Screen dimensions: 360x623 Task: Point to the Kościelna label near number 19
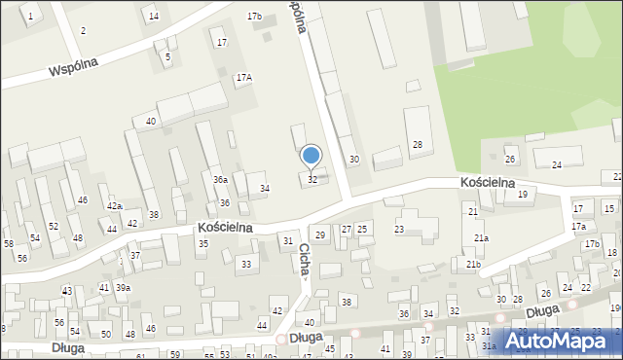(x=487, y=182)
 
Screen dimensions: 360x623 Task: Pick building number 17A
(x=243, y=77)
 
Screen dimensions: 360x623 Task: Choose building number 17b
(x=254, y=17)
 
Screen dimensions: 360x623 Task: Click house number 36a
(x=221, y=180)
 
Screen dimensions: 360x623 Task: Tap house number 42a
(x=114, y=206)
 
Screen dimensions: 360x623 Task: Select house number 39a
(x=123, y=287)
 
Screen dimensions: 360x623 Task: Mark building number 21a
(x=481, y=238)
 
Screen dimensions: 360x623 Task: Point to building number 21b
(x=473, y=265)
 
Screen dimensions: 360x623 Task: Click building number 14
(x=153, y=16)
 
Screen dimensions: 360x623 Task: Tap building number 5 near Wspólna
(x=167, y=57)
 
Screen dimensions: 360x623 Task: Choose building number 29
(x=320, y=235)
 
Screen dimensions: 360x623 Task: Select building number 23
(x=398, y=230)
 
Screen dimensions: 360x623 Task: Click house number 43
(x=67, y=291)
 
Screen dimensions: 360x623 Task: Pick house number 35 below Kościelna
(x=202, y=243)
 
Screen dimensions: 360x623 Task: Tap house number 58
(x=8, y=243)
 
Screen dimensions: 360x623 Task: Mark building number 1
(x=30, y=18)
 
